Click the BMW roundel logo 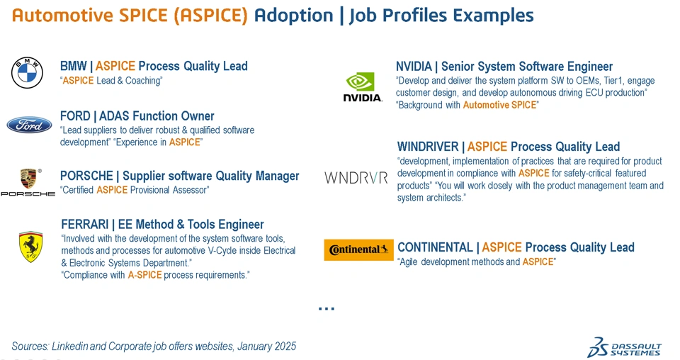(x=27, y=73)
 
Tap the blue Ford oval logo (x=29, y=125)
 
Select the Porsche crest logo (x=28, y=179)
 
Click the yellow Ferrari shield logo (x=30, y=247)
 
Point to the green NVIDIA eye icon (x=360, y=81)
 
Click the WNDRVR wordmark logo (x=356, y=177)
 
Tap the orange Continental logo (x=358, y=250)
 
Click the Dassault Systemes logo (x=625, y=347)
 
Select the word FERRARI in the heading (x=84, y=224)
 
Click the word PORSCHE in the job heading (x=86, y=176)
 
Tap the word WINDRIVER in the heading (x=428, y=147)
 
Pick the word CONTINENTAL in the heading (x=435, y=247)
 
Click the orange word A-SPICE (x=144, y=275)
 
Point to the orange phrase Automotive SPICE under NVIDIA (x=499, y=105)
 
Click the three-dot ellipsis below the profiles (x=327, y=309)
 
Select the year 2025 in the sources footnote (x=285, y=346)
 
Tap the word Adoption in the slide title (x=293, y=16)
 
